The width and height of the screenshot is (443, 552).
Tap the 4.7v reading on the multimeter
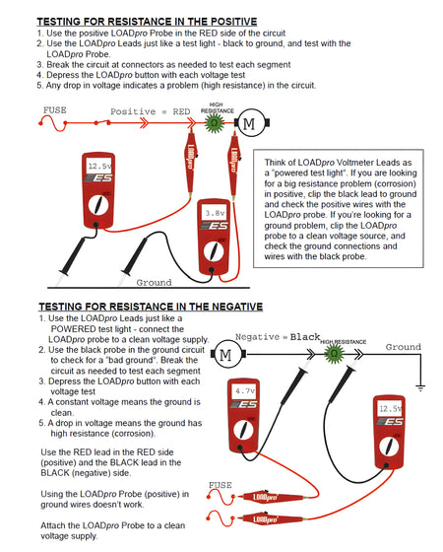tap(244, 391)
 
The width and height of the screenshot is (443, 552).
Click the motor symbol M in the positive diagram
tap(248, 122)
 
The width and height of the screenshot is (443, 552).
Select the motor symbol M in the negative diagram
tap(223, 354)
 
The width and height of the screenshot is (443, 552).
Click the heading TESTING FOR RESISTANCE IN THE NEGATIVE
tap(149, 307)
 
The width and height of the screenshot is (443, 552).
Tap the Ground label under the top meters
tap(153, 282)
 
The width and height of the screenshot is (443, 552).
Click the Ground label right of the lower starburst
tap(403, 347)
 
